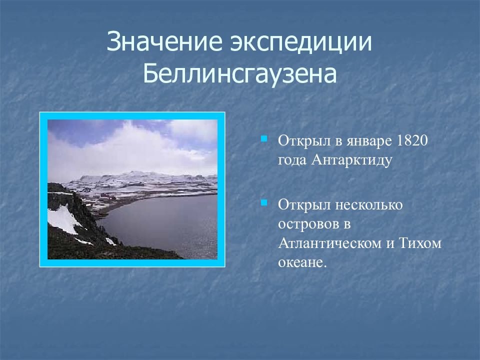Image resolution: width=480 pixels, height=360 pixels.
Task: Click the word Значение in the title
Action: point(164,41)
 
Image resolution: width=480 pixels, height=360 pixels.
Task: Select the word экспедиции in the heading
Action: point(301,42)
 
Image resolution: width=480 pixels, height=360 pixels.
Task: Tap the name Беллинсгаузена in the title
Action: point(240,74)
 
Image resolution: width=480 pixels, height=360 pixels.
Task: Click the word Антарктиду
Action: point(351,160)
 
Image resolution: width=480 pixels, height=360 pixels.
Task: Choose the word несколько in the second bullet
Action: point(369,205)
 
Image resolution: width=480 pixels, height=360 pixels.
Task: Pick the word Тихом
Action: point(420,243)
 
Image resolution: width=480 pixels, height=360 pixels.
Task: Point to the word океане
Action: point(302,263)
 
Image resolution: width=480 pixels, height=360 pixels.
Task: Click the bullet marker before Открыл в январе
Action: point(264,139)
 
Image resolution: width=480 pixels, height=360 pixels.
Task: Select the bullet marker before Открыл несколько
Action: point(264,202)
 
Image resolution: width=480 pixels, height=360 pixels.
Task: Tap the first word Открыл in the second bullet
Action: point(305,204)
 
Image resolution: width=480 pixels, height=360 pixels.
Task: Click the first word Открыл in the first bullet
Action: point(305,141)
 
